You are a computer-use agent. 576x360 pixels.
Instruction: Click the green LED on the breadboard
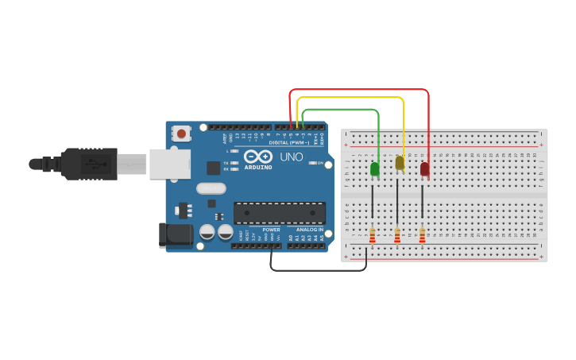pyautogui.click(x=374, y=168)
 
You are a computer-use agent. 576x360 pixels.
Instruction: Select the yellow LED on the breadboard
pyautogui.click(x=400, y=163)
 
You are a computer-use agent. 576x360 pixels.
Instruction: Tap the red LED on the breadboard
pyautogui.click(x=425, y=168)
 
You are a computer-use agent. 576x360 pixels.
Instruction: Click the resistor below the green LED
pyautogui.click(x=372, y=235)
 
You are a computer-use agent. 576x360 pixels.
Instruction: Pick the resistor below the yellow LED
pyautogui.click(x=397, y=235)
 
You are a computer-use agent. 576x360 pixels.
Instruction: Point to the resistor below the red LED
pyautogui.click(x=422, y=235)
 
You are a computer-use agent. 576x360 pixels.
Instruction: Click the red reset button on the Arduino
pyautogui.click(x=182, y=134)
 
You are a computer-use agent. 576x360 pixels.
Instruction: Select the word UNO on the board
pyautogui.click(x=292, y=157)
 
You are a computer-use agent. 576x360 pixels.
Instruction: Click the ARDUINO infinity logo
pyautogui.click(x=258, y=157)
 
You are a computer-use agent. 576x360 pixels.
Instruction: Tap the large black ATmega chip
pyautogui.click(x=279, y=213)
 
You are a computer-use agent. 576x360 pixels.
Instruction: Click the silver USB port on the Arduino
pyautogui.click(x=170, y=164)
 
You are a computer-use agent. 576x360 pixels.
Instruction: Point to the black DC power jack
pyautogui.click(x=176, y=235)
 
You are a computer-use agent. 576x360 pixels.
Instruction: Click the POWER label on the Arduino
pyautogui.click(x=271, y=230)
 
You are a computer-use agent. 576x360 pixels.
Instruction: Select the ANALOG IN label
pyautogui.click(x=310, y=230)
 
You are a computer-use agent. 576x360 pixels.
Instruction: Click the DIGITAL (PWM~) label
pyautogui.click(x=289, y=142)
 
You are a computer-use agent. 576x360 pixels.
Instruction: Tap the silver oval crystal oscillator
pyautogui.click(x=211, y=188)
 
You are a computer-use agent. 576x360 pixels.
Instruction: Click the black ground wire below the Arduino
pyautogui.click(x=318, y=270)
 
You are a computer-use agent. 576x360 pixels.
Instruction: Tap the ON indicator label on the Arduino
pyautogui.click(x=320, y=163)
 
